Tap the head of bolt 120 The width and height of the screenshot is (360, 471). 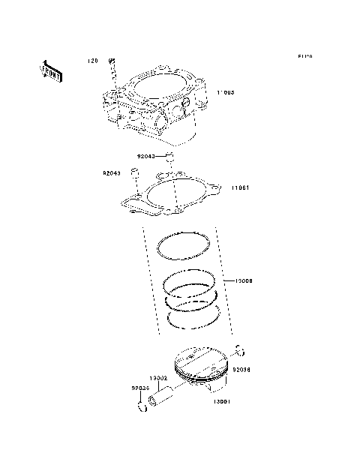pyautogui.click(x=111, y=59)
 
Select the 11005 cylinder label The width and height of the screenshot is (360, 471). pyautogui.click(x=226, y=92)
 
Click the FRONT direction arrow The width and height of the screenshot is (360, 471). pyautogui.click(x=51, y=71)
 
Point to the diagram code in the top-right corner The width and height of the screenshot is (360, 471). pyautogui.click(x=304, y=56)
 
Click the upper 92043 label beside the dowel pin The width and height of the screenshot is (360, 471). pyautogui.click(x=145, y=157)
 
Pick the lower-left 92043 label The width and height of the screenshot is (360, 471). pyautogui.click(x=112, y=173)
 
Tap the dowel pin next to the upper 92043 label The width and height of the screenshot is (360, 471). pyautogui.click(x=170, y=157)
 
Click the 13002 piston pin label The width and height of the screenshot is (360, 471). pyautogui.click(x=157, y=378)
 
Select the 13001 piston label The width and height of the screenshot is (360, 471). pyautogui.click(x=220, y=402)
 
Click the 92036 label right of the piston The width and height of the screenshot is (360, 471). pyautogui.click(x=241, y=370)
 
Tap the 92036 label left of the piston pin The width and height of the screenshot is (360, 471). pyautogui.click(x=141, y=388)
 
